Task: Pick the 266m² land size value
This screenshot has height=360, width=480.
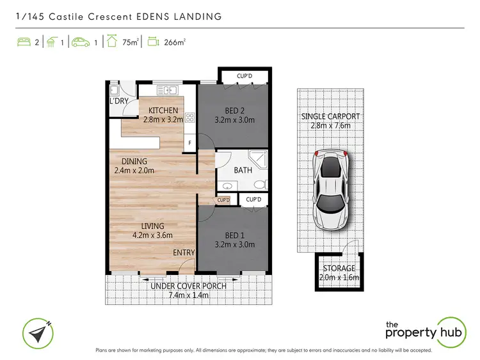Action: click(x=175, y=43)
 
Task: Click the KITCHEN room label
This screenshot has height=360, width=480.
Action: click(x=163, y=111)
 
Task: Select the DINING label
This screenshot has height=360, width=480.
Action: click(x=131, y=161)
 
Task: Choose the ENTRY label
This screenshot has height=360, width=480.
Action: click(x=184, y=253)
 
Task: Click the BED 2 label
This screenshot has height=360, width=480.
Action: click(x=233, y=110)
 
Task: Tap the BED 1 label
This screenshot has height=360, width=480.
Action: click(x=233, y=235)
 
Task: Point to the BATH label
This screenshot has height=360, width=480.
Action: click(x=243, y=170)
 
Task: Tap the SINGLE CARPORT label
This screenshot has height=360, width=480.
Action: click(x=330, y=116)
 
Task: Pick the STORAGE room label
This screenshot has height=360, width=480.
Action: click(x=339, y=268)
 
